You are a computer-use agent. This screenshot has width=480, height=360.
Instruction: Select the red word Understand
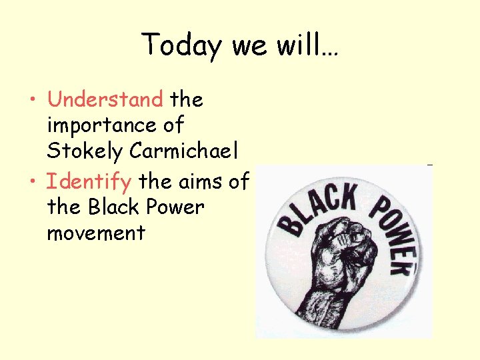[105, 100]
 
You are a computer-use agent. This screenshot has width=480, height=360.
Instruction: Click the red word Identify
[89, 181]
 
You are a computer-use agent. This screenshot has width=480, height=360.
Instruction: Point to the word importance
[115, 126]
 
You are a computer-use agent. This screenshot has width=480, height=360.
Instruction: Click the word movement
[96, 233]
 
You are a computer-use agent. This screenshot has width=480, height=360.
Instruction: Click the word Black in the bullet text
[115, 207]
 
